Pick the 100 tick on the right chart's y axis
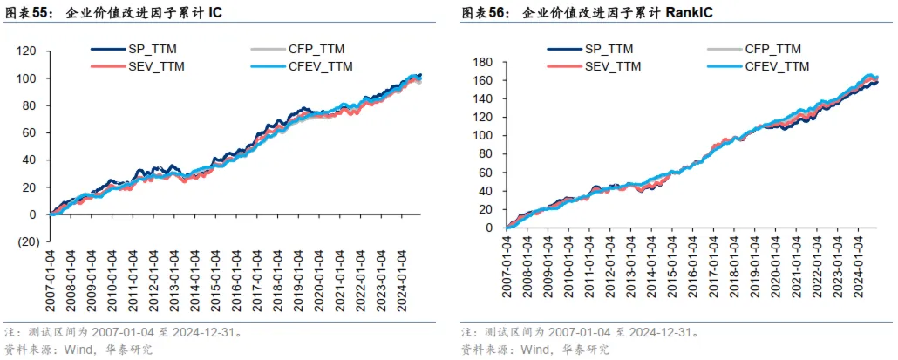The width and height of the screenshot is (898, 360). (488, 135)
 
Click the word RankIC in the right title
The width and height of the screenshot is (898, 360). (689, 13)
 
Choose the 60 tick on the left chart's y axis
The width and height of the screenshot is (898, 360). (31, 133)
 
